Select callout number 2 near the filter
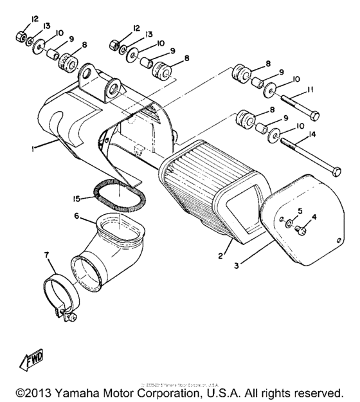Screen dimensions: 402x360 (220, 256)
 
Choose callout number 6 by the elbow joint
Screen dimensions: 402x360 (78, 217)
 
